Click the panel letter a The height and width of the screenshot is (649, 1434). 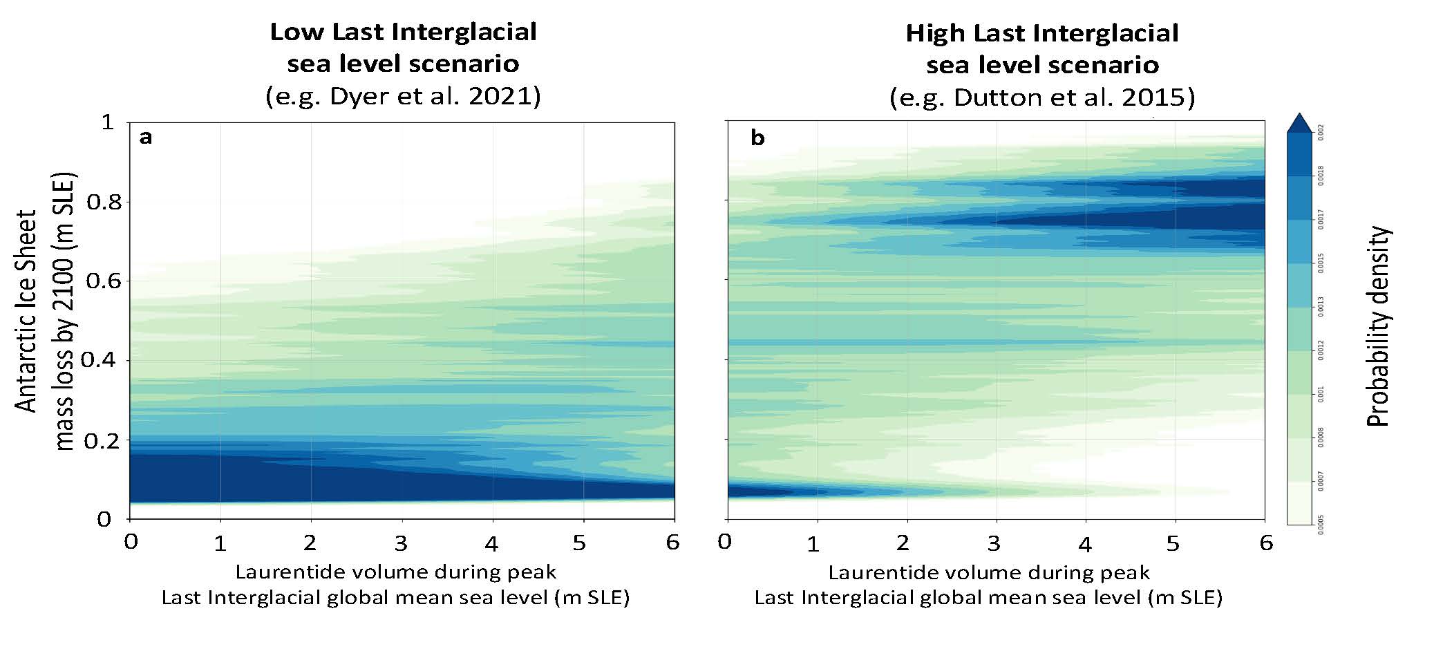(x=145, y=138)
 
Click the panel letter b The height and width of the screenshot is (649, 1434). (x=757, y=139)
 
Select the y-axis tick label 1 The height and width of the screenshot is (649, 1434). (x=107, y=123)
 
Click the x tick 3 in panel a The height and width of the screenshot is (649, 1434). (x=401, y=543)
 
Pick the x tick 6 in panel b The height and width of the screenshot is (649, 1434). (x=1265, y=543)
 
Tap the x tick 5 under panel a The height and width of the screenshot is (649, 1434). (x=579, y=543)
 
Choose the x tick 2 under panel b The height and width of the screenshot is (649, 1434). (x=903, y=543)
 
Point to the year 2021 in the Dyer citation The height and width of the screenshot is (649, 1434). (x=507, y=96)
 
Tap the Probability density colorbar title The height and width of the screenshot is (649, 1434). (x=1379, y=326)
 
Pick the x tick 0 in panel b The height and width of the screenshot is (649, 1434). (x=724, y=542)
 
